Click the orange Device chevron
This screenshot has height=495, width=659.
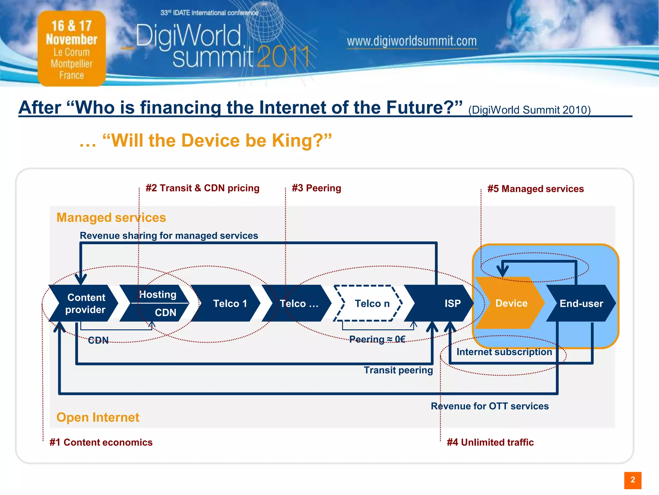pos(510,303)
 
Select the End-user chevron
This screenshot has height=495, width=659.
pos(581,303)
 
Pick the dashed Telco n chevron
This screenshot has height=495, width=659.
pos(370,303)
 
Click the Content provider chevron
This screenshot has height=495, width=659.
pos(86,303)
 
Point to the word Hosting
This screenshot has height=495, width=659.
pos(158,295)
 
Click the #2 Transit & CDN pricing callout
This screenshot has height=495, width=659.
pos(202,188)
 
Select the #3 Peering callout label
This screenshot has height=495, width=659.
pos(316,188)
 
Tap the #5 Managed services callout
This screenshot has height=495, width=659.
pos(535,189)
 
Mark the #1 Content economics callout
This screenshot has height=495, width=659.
pos(101,442)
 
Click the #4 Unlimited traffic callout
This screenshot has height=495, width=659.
pos(490,442)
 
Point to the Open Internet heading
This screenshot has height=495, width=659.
pos(98,417)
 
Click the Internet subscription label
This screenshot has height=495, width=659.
pos(504,352)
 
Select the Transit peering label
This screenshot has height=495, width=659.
pos(398,370)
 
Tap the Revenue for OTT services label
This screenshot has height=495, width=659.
pos(490,406)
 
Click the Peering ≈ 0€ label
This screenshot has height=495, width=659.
pos(377,339)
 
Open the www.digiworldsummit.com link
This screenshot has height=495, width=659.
pos(412,41)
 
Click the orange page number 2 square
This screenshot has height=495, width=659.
pos(633,480)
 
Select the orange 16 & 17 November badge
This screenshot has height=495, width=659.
pos(72,48)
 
